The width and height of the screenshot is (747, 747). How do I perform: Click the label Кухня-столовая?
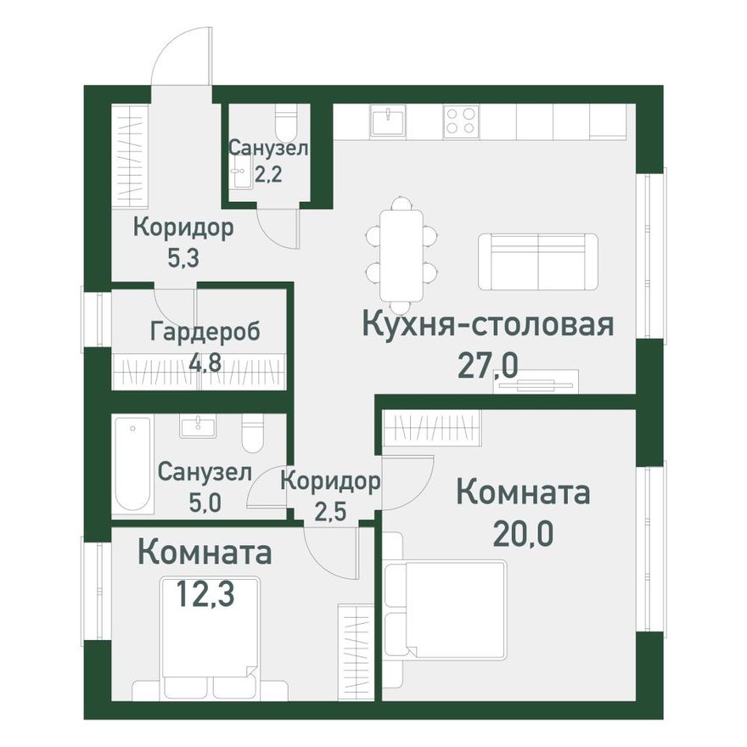pos(487,325)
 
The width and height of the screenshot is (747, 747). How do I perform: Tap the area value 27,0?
pos(488,365)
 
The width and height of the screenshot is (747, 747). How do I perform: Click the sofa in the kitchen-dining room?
pos(537,260)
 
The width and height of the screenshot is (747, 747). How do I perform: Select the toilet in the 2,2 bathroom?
pos(286,125)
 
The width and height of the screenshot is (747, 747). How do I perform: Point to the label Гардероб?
pos(204,332)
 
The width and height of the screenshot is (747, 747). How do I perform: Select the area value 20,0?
pos(523,536)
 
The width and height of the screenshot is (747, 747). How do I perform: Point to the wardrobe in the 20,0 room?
pos(432,427)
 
